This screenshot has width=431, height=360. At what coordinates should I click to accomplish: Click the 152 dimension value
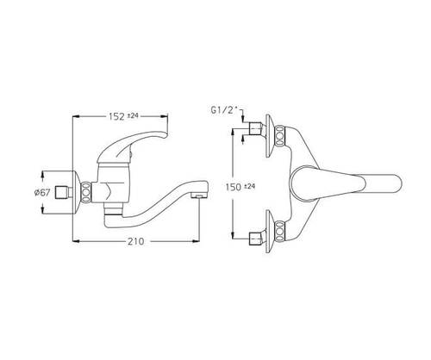click(x=116, y=116)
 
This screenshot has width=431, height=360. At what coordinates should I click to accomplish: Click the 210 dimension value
click(x=135, y=241)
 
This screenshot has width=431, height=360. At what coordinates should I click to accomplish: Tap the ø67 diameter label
click(x=42, y=192)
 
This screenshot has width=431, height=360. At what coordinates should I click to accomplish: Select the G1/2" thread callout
click(x=225, y=110)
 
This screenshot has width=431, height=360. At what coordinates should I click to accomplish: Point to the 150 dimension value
click(x=234, y=187)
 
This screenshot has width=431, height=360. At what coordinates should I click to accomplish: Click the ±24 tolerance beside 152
click(x=133, y=115)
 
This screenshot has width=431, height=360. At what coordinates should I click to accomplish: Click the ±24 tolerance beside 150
click(x=249, y=186)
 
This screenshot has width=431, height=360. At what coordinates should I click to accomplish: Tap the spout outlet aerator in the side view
click(x=199, y=196)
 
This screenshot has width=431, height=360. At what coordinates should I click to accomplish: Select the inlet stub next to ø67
click(x=63, y=192)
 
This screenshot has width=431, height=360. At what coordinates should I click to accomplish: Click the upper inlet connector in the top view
click(x=255, y=128)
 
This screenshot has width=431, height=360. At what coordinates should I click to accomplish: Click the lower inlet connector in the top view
click(x=255, y=239)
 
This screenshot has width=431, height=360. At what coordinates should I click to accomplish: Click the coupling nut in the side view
click(x=86, y=192)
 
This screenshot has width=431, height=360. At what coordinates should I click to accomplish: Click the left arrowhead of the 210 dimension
click(x=75, y=241)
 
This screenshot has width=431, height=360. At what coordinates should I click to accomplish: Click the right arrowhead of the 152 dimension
click(x=165, y=116)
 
